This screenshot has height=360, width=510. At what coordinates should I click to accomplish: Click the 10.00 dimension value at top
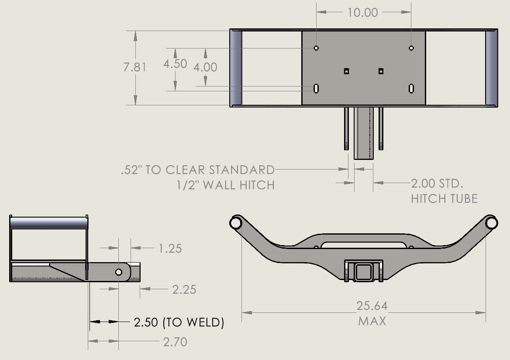pyautogui.click(x=362, y=12)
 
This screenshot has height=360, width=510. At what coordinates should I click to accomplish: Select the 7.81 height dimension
pyautogui.click(x=135, y=67)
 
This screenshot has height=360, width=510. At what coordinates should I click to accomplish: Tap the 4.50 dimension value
pyautogui.click(x=175, y=64)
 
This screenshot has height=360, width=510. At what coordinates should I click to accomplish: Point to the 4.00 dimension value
pyautogui.click(x=205, y=67)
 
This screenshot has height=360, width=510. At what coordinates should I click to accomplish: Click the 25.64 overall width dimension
pyautogui.click(x=372, y=306)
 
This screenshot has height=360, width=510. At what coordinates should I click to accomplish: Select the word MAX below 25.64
pyautogui.click(x=372, y=321)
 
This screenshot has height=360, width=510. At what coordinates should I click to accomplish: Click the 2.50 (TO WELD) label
pyautogui.click(x=179, y=322)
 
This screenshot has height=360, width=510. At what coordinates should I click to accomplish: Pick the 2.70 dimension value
pyautogui.click(x=175, y=342)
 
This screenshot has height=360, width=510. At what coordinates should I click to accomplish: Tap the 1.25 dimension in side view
pyautogui.click(x=170, y=249)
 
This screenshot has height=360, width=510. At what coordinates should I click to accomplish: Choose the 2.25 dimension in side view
pyautogui.click(x=184, y=289)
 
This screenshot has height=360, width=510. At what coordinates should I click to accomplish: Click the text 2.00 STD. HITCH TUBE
pyautogui.click(x=444, y=190)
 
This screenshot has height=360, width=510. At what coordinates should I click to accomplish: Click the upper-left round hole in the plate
pyautogui.click(x=316, y=48)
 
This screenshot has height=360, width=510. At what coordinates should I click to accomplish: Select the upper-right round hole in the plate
pyautogui.click(x=411, y=48)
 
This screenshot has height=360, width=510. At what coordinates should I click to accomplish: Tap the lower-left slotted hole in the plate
pyautogui.click(x=316, y=88)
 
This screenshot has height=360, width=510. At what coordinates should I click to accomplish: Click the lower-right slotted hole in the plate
pyautogui.click(x=411, y=88)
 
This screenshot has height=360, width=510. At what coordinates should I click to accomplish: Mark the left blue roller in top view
pyautogui.click(x=236, y=68)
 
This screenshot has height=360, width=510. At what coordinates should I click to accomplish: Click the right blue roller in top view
pyautogui.click(x=491, y=68)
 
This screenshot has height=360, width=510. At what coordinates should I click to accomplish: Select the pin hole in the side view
pyautogui.click(x=118, y=272)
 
